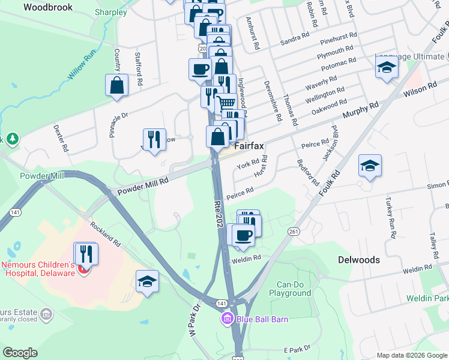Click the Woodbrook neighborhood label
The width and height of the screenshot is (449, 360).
pyautogui.click(x=47, y=7)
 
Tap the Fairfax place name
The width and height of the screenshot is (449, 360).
pyautogui.click(x=249, y=146)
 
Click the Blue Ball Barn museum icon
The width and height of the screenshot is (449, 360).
pyautogui.click(x=228, y=318)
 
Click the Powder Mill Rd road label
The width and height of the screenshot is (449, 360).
pyautogui.click(x=143, y=185)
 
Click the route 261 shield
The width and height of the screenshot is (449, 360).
pyautogui.click(x=294, y=232)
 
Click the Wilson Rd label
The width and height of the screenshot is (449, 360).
pyautogui.click(x=420, y=88)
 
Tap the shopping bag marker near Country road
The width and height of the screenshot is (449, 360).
pyautogui.click(x=117, y=85)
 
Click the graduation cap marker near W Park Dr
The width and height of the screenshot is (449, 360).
pyautogui.click(x=147, y=281)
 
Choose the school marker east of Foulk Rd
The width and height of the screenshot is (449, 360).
pyautogui.click(x=370, y=166)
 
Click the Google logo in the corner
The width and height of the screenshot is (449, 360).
pyautogui.click(x=20, y=353)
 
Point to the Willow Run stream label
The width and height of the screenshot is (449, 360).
pyautogui.click(x=82, y=65)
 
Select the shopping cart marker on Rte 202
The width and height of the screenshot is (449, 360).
pyautogui.click(x=226, y=104)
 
